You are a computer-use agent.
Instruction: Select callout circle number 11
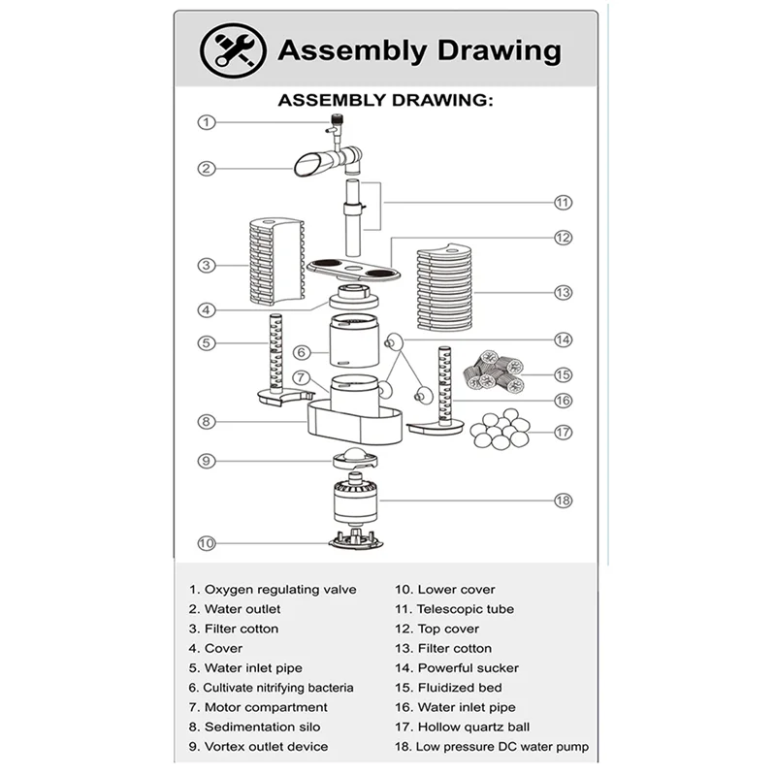(x=564, y=203)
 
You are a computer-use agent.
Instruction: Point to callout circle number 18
(x=563, y=501)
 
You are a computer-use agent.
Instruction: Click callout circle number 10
(x=206, y=543)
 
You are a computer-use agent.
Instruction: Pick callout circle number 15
(x=564, y=374)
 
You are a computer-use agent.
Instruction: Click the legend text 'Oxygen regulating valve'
(x=279, y=589)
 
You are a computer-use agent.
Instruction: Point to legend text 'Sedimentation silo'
(x=262, y=727)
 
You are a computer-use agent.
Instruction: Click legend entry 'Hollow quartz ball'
(x=473, y=727)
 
